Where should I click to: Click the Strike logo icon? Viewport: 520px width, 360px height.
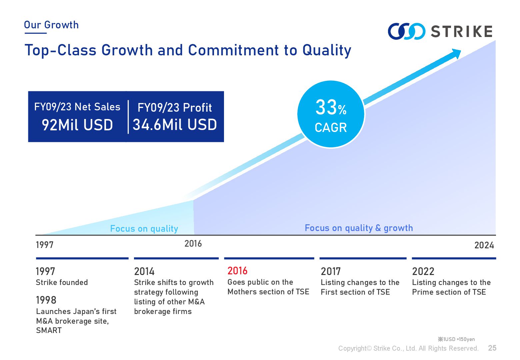(406, 31)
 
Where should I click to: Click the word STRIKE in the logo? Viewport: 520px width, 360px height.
(462, 32)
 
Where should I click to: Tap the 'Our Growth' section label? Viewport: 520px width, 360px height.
(51, 25)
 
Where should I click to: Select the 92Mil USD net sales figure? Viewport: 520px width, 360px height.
(77, 125)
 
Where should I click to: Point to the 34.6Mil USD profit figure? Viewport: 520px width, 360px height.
(175, 125)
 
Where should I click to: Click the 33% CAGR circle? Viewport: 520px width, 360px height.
(331, 114)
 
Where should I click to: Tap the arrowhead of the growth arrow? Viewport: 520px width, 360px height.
(455, 53)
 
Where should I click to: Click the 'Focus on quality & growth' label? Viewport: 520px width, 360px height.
(359, 228)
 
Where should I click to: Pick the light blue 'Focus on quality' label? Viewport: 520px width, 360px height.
(144, 229)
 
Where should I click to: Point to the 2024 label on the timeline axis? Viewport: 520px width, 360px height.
(484, 245)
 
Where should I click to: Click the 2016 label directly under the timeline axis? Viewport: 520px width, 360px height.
(193, 244)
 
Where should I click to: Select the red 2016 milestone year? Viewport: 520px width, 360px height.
(237, 271)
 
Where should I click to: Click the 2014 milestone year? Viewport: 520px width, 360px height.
(144, 271)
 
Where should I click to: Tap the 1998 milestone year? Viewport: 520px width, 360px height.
(46, 300)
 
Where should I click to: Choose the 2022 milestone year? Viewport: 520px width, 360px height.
(423, 271)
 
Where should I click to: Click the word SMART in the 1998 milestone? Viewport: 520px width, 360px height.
(49, 330)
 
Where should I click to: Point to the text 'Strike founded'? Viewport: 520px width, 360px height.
(62, 282)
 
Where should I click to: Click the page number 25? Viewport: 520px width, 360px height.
(492, 348)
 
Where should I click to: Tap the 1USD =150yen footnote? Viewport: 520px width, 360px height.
(456, 339)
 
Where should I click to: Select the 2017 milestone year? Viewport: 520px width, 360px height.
(331, 271)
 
